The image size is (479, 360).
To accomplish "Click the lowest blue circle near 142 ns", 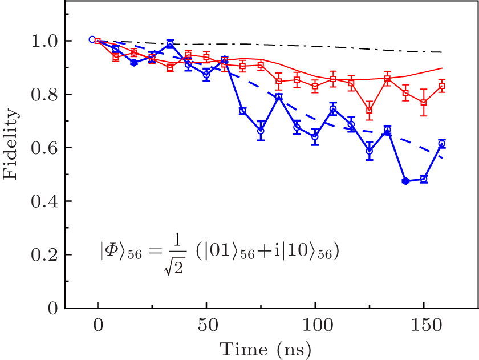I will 406,181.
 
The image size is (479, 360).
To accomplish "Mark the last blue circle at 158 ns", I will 442,144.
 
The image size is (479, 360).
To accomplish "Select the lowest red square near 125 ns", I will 370,111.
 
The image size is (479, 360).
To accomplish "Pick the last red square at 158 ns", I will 442,86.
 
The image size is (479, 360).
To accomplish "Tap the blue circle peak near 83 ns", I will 278,97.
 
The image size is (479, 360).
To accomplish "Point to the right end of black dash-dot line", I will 442,52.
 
